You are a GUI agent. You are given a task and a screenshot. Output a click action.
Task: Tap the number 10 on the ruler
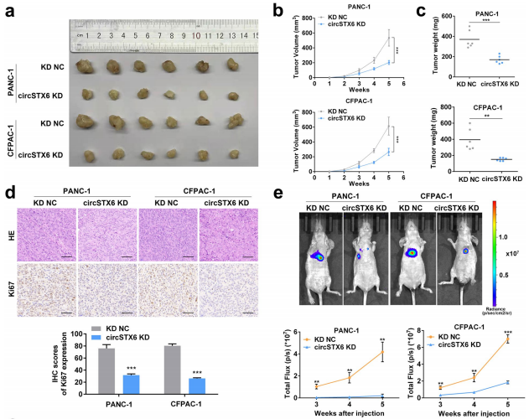click(195, 36)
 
